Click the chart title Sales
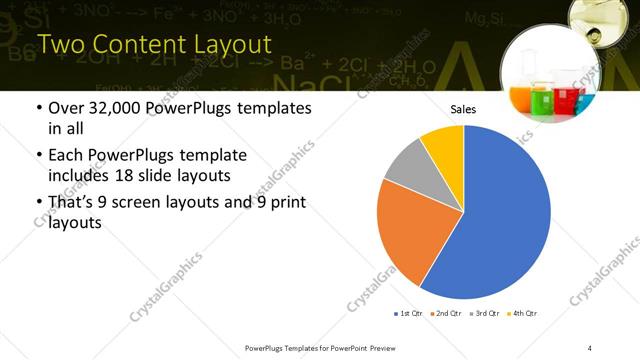pos(463,109)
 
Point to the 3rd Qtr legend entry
pos(484,313)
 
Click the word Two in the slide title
pos(61,45)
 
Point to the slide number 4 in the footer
pos(590,347)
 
